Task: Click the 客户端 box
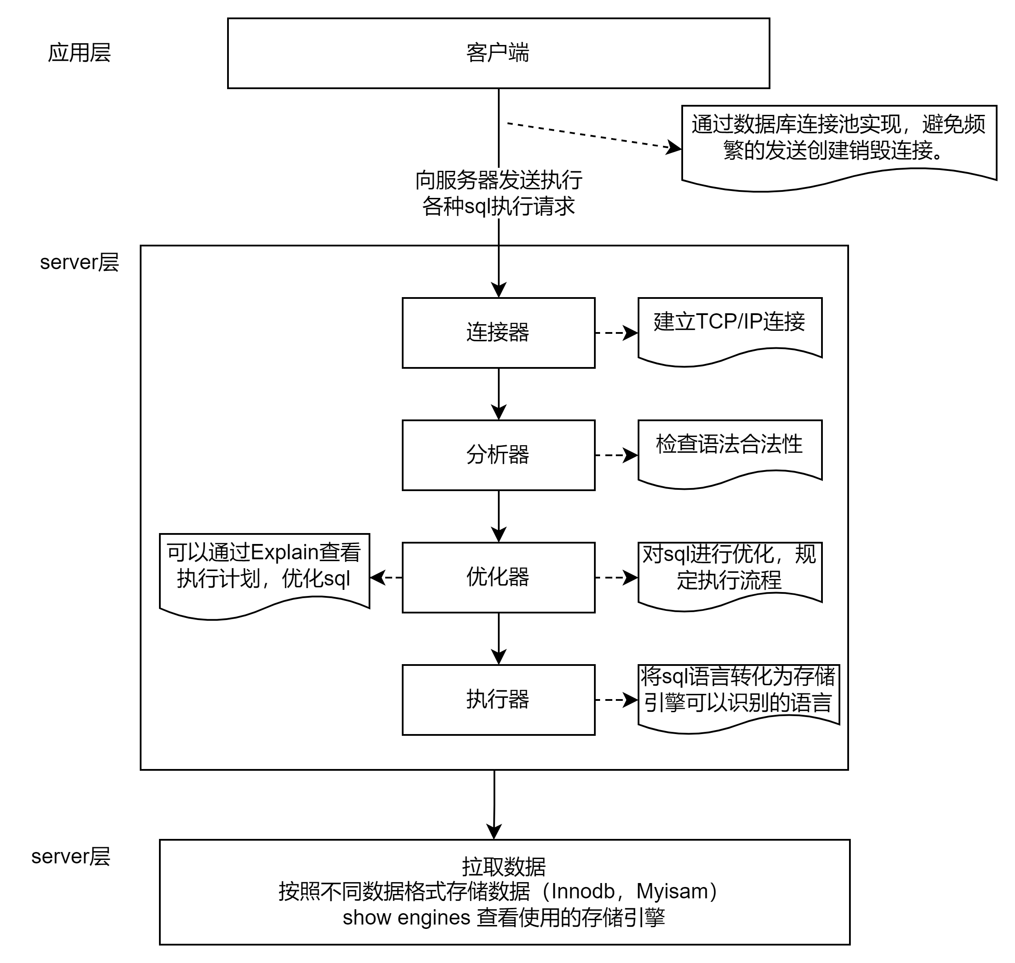[498, 53]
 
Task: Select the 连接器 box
[498, 333]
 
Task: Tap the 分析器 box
[498, 455]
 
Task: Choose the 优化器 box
[498, 577]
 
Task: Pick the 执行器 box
[498, 699]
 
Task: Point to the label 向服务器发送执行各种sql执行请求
[499, 193]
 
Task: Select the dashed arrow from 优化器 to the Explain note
[386, 578]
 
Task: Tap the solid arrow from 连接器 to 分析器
[499, 393]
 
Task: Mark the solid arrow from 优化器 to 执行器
[499, 638]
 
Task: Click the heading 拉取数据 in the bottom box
[504, 866]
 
